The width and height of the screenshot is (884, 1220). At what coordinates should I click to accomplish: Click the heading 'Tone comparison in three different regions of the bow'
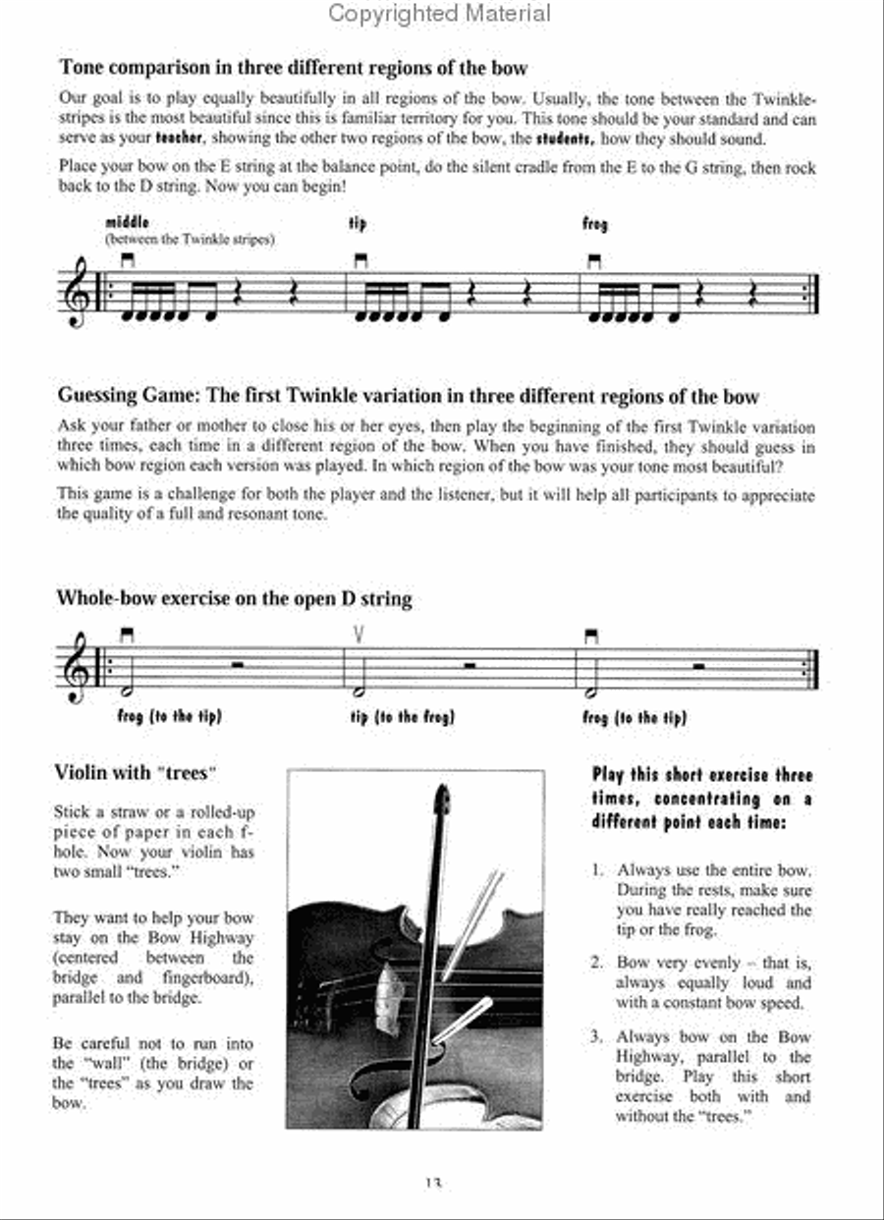click(293, 68)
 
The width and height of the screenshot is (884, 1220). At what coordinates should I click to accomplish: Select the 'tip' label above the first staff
click(358, 224)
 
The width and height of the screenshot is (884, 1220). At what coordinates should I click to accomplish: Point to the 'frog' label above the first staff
click(595, 225)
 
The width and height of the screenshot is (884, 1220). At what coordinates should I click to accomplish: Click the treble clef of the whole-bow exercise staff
click(83, 666)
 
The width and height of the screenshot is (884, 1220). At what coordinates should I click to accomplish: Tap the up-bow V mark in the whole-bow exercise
click(359, 636)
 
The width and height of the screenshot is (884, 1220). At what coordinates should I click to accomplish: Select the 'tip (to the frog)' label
click(403, 717)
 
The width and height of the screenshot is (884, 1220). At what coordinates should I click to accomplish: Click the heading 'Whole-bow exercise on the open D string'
click(234, 598)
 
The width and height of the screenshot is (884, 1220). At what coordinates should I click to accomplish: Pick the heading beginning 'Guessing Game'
click(408, 397)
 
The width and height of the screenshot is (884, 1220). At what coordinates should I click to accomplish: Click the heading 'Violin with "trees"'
click(134, 773)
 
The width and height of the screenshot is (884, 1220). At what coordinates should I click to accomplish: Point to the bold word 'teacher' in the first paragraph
click(178, 139)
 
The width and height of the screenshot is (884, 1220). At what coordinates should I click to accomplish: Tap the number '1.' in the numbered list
click(598, 870)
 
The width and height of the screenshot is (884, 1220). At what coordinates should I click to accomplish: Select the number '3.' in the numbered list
click(598, 1037)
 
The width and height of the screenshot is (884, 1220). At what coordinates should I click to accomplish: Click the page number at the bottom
click(433, 1185)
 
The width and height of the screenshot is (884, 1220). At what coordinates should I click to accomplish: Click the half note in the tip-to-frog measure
click(359, 685)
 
